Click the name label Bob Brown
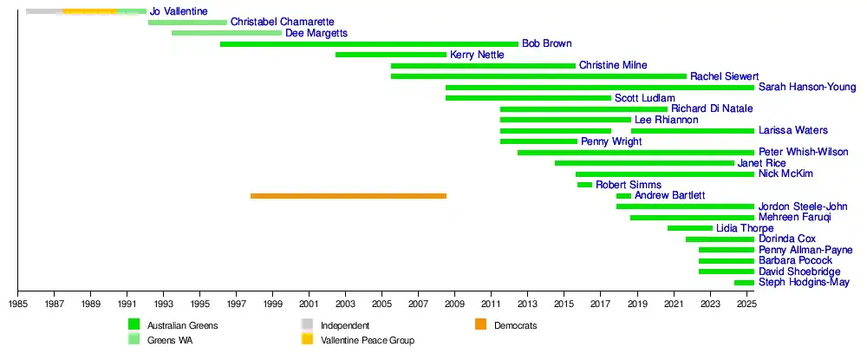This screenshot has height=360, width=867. (546, 43)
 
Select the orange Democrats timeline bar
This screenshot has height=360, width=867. (348, 196)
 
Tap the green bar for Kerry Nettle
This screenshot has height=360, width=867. (391, 55)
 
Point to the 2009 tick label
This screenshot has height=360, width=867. (455, 304)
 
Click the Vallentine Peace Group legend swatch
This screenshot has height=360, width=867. (307, 339)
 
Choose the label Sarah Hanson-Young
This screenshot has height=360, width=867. (807, 87)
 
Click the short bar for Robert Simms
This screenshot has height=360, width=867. (584, 185)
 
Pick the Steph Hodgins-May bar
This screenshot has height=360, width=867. (744, 283)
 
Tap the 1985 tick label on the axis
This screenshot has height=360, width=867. (18, 304)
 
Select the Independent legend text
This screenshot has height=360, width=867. (345, 325)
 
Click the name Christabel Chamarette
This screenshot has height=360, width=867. (282, 22)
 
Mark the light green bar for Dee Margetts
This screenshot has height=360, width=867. (226, 33)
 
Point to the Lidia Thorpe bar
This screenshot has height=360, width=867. (689, 228)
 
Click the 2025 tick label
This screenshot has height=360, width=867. (746, 304)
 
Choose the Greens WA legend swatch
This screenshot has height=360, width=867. (134, 339)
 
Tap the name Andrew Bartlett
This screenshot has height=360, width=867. (669, 195)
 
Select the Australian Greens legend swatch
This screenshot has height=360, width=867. (134, 324)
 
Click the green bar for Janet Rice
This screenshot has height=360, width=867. (644, 163)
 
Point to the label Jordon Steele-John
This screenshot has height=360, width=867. (803, 206)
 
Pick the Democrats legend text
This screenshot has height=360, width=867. (516, 325)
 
